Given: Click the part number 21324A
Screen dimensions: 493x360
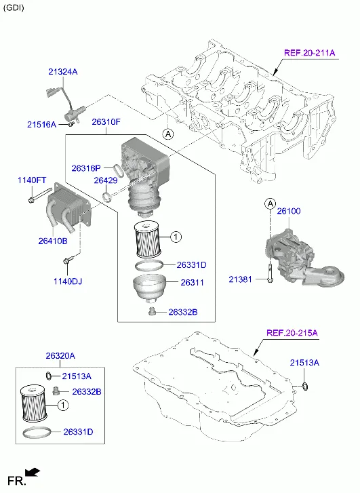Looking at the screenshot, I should (x=62, y=71).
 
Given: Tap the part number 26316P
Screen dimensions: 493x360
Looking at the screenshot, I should (x=86, y=167).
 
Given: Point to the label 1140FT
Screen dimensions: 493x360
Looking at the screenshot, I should (x=31, y=180).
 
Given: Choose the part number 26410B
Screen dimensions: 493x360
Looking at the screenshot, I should (x=52, y=241).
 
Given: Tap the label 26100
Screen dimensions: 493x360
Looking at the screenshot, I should (x=288, y=211).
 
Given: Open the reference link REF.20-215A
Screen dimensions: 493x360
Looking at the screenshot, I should (x=292, y=333).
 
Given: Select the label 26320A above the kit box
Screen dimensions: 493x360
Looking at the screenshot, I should (x=60, y=356).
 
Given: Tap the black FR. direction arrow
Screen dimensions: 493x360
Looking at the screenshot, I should (x=31, y=473).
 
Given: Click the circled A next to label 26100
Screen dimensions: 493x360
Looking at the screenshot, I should (x=269, y=203).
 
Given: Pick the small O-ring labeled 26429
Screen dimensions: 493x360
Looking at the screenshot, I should (x=107, y=197).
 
